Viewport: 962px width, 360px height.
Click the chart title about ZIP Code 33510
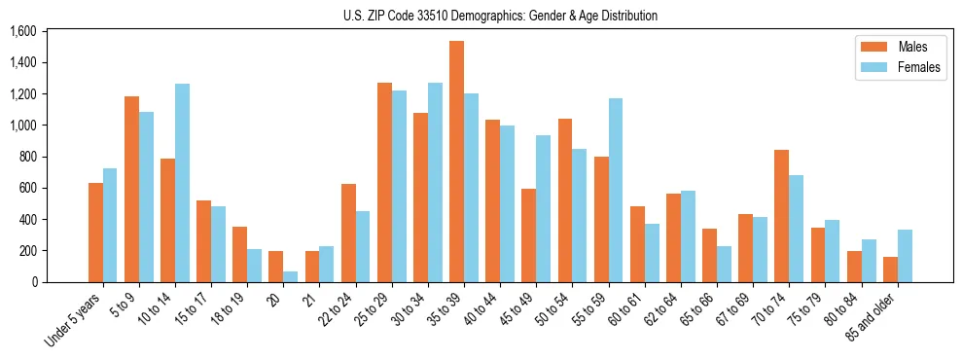coord(500,16)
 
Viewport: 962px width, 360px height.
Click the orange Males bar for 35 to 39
coord(456,162)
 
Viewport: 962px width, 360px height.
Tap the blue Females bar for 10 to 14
coord(183,183)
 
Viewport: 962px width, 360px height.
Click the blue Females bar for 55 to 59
coord(615,190)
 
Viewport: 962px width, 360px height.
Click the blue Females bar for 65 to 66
coord(723,264)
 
